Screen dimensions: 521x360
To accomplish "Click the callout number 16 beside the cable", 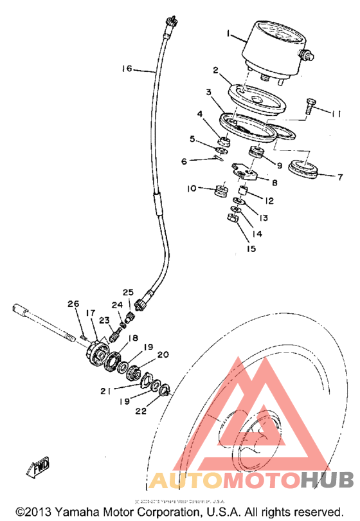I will (x=125, y=68).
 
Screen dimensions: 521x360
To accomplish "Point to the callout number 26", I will (x=73, y=304).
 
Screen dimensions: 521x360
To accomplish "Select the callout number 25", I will (x=128, y=292).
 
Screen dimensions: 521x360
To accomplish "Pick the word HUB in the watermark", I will (x=327, y=480).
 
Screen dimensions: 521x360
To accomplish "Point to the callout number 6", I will (x=184, y=161).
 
